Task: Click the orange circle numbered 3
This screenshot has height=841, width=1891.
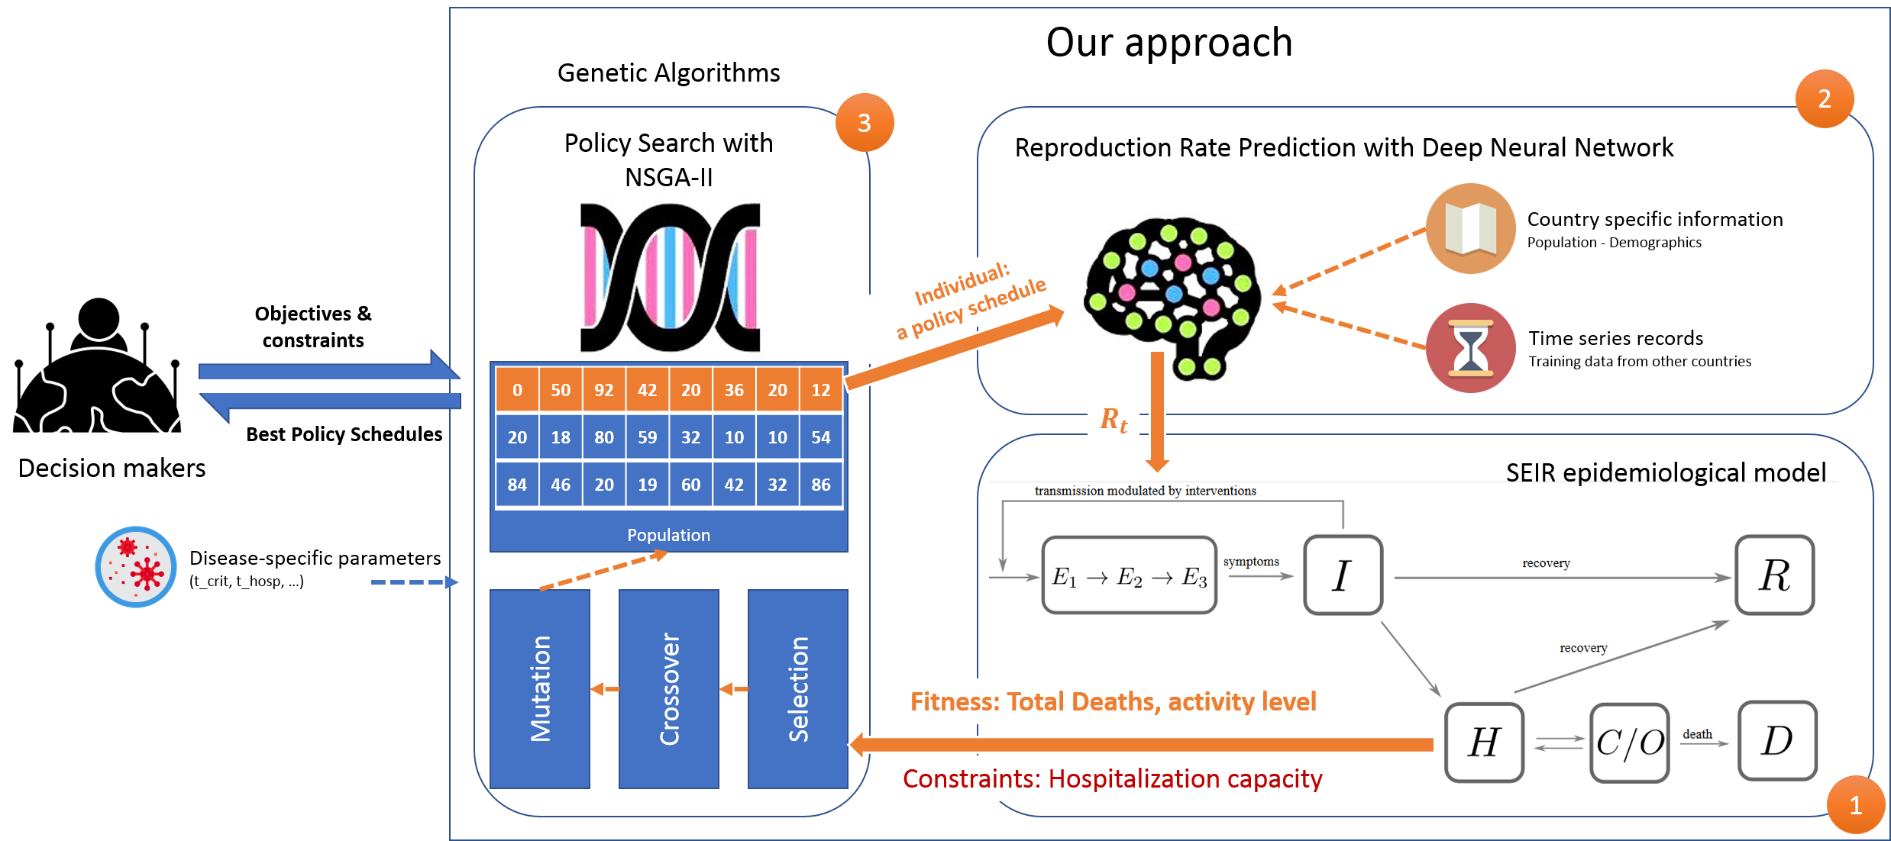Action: coord(865,123)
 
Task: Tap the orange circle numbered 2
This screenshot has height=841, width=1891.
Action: coord(1825,99)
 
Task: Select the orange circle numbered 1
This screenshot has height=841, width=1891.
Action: coord(1855,805)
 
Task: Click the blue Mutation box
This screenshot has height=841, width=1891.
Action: coord(540,688)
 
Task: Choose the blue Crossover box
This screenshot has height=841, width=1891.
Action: coord(669,688)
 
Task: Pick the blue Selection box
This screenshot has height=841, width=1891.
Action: coord(798,688)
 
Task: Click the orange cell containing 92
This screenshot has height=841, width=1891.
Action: coord(604,390)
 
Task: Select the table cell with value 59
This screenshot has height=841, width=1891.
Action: coord(648,437)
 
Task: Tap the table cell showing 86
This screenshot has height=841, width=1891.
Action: coord(821,485)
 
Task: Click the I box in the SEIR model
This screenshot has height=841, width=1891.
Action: coord(1343,575)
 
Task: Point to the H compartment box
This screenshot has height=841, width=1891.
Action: coord(1485,742)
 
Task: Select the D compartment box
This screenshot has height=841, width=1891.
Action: coord(1777,740)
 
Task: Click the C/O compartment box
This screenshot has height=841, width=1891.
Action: coord(1630,743)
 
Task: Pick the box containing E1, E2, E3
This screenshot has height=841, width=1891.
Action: coord(1130,575)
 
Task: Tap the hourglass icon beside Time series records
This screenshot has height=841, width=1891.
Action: coord(1471,349)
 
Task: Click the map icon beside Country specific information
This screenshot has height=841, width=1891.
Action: coord(1471,228)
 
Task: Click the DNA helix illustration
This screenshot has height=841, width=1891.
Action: coord(670,277)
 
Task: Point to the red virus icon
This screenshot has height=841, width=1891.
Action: coord(136,567)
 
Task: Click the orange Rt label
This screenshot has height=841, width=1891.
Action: coord(1114,420)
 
